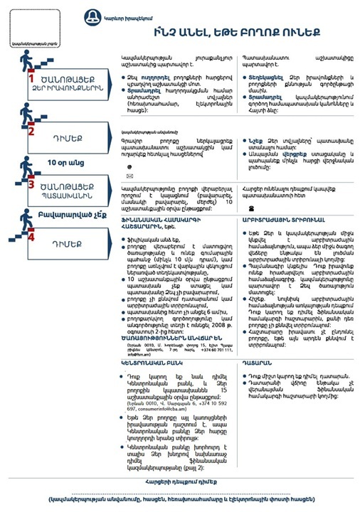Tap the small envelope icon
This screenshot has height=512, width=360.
(x=129, y=175)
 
